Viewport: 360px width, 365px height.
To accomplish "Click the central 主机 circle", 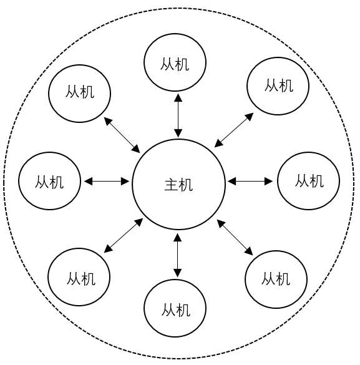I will point(178,185).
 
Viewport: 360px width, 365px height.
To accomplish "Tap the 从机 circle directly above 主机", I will point(175,62).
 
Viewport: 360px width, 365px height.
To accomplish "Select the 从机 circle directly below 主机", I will point(175,308).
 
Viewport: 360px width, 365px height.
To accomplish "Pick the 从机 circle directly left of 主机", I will point(49,182).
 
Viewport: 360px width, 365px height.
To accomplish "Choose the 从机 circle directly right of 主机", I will point(308,181).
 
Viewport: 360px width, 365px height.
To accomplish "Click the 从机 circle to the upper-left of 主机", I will point(80,92).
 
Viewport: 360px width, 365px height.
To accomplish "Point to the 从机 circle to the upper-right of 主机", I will point(278,85).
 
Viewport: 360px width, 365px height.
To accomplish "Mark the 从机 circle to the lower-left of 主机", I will point(79,277).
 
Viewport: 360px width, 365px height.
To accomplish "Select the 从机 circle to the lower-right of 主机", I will point(276,278).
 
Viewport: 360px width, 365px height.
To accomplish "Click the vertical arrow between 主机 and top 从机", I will point(178,115).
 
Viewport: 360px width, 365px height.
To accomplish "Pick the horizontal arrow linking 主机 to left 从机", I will point(107,182).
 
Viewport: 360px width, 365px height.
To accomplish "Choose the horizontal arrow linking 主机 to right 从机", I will point(250,182).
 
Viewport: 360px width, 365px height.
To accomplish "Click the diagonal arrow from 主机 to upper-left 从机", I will point(122,134).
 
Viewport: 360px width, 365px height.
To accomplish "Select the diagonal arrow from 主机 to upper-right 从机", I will point(234,130).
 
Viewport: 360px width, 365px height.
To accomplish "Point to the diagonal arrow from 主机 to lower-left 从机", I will point(122,235).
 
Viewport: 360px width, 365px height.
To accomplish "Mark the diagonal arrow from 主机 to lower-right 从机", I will point(235,237).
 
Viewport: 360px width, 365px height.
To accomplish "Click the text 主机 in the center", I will point(178,185).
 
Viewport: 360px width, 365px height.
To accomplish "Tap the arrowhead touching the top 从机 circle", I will point(178,97).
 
